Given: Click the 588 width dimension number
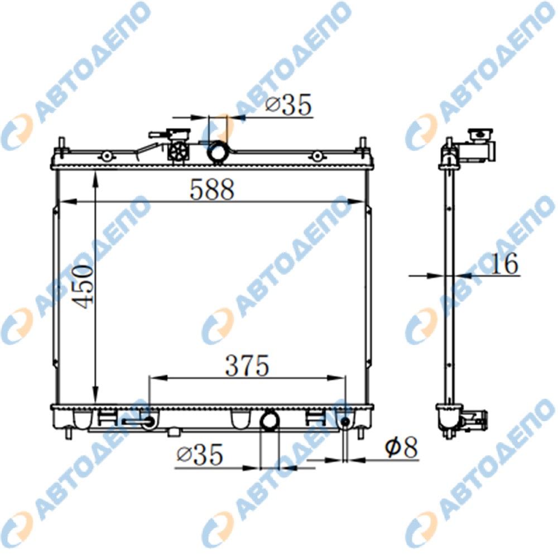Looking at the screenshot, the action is (212, 189).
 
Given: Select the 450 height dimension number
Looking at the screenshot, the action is (83, 286).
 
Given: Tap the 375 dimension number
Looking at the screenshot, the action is (247, 365).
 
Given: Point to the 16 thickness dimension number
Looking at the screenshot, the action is (504, 264).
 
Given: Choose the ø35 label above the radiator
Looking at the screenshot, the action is (288, 105).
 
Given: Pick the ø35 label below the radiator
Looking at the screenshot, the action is (200, 454).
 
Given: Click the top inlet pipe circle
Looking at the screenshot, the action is (218, 152).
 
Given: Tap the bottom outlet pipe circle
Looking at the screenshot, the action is (270, 421).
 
